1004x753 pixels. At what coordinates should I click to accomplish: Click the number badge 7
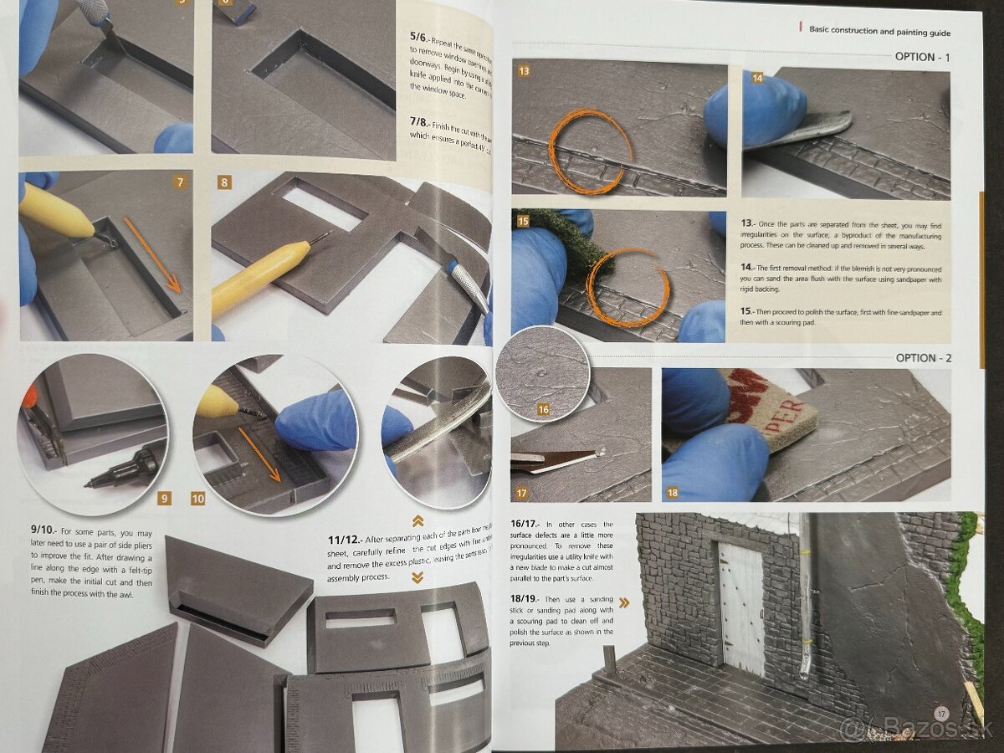[x=181, y=182]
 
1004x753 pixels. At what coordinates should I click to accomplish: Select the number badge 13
[x=524, y=72]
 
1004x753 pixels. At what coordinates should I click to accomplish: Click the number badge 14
[x=756, y=78]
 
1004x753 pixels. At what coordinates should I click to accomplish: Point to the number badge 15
[x=524, y=222]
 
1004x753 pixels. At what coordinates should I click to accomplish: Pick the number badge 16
[x=544, y=410]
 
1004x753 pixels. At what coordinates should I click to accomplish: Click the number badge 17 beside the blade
[x=522, y=494]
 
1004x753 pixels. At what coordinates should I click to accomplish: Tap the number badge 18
[x=673, y=494]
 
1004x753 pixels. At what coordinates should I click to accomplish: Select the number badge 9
[x=164, y=499]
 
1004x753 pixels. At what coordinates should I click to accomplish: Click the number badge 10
[x=197, y=499]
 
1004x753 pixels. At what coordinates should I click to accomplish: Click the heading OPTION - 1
[x=923, y=57]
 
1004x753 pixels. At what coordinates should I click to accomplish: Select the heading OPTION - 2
[x=923, y=358]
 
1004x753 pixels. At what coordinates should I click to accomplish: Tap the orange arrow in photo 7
[x=152, y=254]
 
